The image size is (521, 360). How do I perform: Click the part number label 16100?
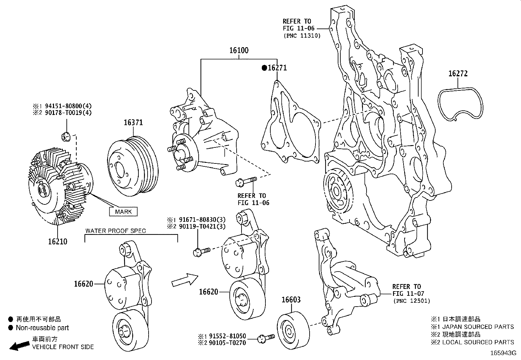point(239,50)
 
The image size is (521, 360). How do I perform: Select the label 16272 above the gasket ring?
point(458,74)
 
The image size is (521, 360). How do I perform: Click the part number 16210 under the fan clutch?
point(58,242)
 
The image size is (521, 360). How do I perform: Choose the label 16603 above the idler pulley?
point(291,300)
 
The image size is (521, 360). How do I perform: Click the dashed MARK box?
point(123,212)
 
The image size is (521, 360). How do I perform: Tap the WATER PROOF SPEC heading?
point(116,231)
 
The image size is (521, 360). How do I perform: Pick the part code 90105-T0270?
point(226,343)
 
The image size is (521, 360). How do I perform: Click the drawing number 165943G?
point(503,353)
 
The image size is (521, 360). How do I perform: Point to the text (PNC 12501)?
point(411,301)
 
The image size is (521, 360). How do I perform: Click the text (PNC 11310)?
point(301,36)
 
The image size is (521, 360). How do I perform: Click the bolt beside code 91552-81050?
point(266,338)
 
